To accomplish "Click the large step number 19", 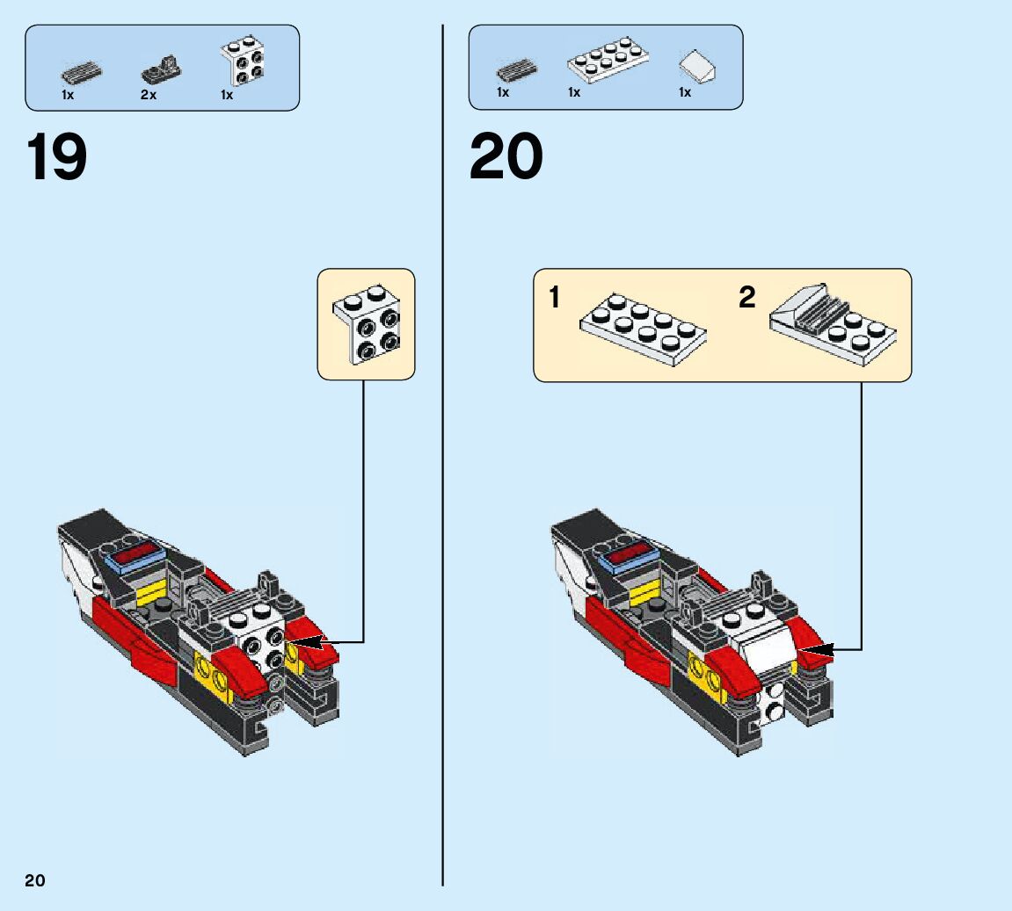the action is pyautogui.click(x=58, y=158).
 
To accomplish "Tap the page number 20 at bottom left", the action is pyautogui.click(x=35, y=881).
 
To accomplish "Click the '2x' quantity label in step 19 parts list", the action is pyautogui.click(x=148, y=95).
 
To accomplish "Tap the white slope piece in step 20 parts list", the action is pyautogui.click(x=698, y=65).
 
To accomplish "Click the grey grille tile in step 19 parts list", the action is pyautogui.click(x=80, y=71).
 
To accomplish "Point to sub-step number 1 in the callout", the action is pyautogui.click(x=554, y=298).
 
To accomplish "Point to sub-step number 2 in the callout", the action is pyautogui.click(x=746, y=298).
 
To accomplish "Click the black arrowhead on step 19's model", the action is pyautogui.click(x=303, y=642).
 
